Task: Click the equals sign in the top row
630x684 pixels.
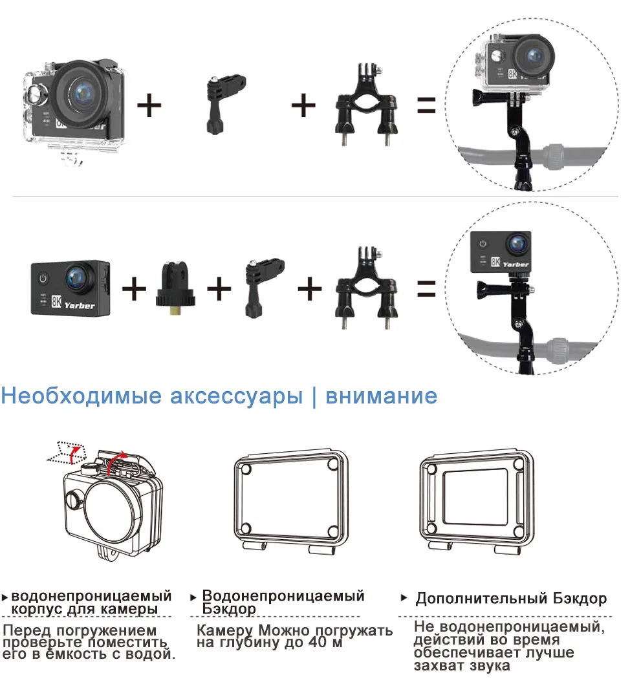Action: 426,106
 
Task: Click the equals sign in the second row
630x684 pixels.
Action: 426,288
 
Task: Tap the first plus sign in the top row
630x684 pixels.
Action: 149,105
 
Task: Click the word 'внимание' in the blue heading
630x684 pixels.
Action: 381,395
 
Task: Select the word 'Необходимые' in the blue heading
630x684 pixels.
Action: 81,395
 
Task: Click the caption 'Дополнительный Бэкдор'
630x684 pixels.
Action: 511,598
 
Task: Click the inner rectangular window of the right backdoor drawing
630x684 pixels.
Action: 480,500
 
